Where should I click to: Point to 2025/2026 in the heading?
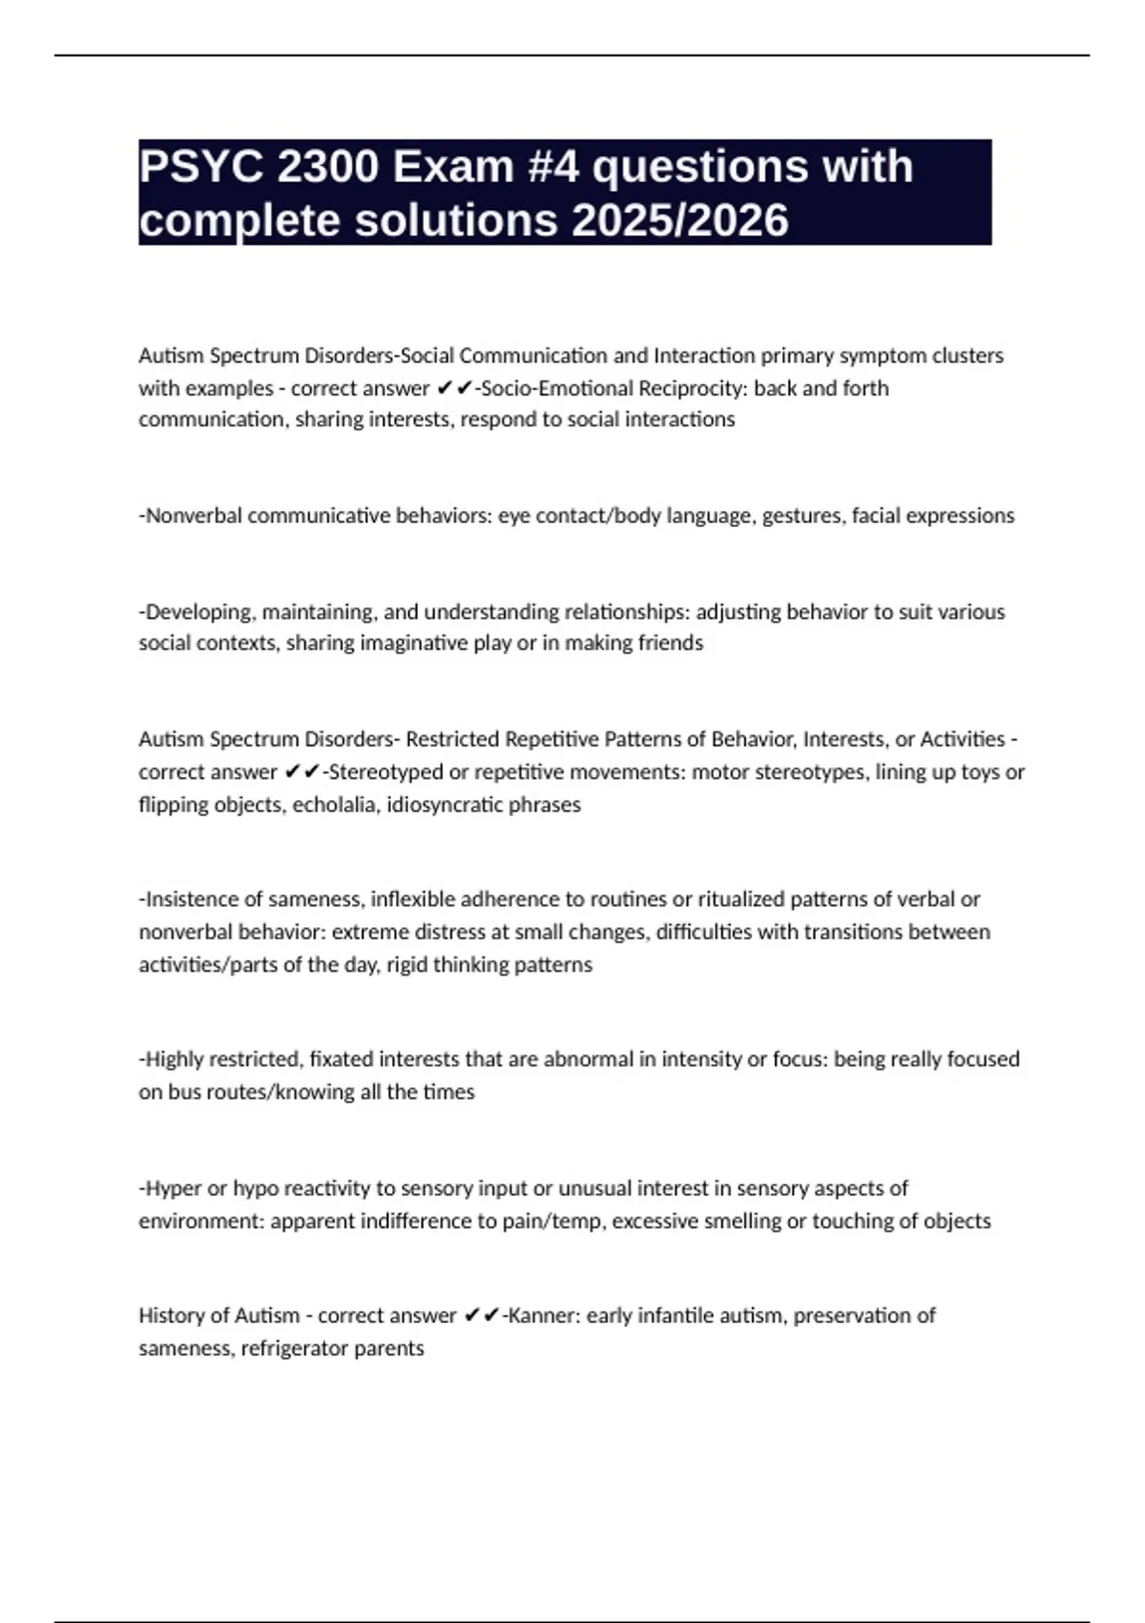pos(680,221)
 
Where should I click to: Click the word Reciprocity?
pos(692,389)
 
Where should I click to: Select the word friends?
pos(670,643)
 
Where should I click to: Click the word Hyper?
pos(173,1189)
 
